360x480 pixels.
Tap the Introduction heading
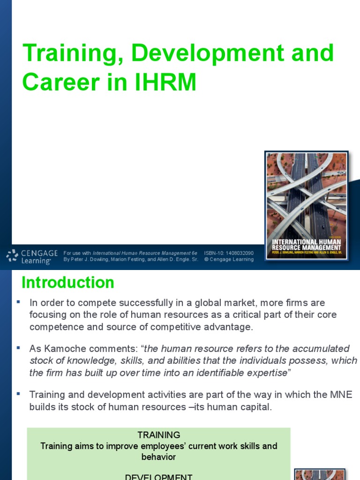point(68,283)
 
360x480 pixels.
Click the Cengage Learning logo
point(32,256)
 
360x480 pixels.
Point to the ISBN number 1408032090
point(239,253)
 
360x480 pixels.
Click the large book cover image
point(307,207)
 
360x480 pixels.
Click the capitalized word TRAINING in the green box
point(158,435)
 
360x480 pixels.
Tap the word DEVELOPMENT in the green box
point(158,476)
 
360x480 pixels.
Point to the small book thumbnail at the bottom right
point(320,474)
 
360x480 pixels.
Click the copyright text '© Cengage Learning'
point(229,259)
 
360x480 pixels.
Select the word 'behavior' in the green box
point(158,457)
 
